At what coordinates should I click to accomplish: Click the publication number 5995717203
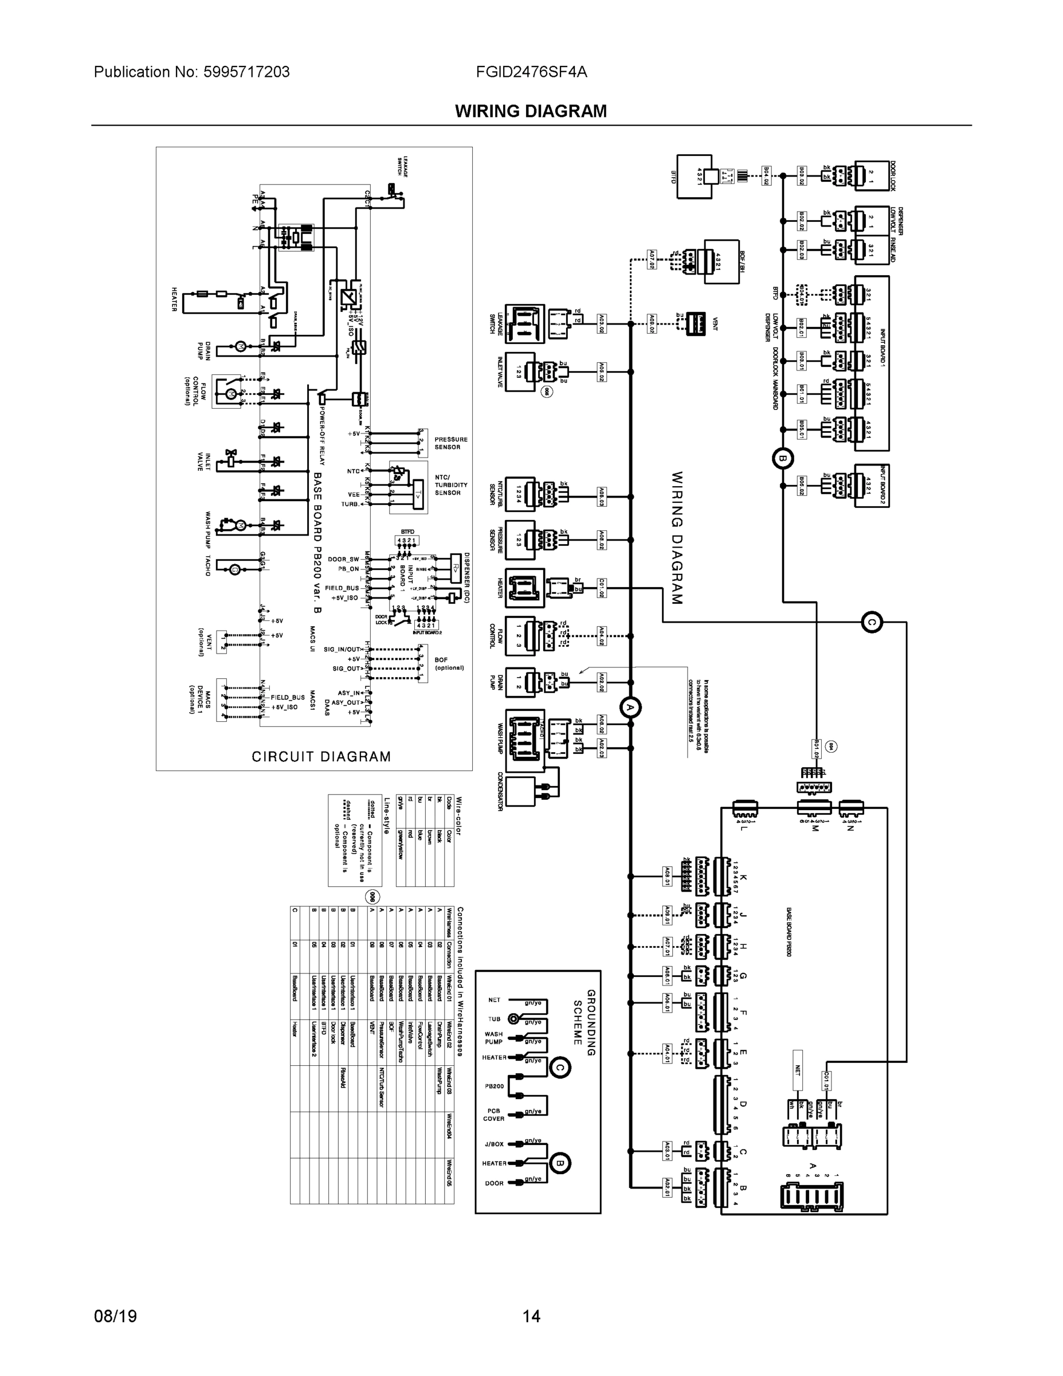pos(246,72)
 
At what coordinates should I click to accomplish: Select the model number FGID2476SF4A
pos(532,72)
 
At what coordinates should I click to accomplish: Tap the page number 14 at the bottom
pos(531,1316)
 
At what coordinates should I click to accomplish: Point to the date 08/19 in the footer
pos(115,1316)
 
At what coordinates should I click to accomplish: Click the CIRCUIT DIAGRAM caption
pos(321,757)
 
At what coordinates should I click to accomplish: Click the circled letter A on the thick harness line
pos(630,708)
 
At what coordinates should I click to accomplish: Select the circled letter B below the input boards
pos(783,458)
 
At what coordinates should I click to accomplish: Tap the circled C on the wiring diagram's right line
pos(872,623)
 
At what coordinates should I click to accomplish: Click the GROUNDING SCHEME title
pos(584,1018)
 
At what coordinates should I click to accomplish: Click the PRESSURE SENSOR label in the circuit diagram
pos(451,443)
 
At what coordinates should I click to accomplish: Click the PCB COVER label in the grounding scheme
pos(494,1115)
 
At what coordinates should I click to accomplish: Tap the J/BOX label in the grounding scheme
pos(495,1144)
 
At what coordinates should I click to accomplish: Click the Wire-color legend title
pos(458,815)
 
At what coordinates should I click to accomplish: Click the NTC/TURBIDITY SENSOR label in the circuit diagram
pos(451,484)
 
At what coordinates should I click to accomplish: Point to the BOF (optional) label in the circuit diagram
pos(449,663)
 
